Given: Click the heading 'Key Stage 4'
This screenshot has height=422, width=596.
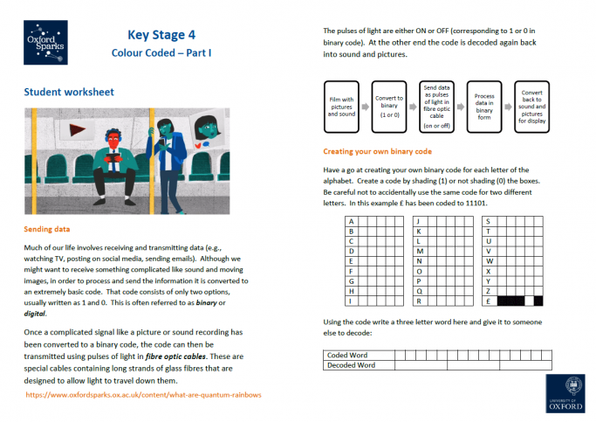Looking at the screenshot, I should click(x=161, y=35).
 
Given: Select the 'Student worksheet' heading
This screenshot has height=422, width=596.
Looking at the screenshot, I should click(x=69, y=92).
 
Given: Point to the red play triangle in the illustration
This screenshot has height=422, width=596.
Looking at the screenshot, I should click(x=79, y=129).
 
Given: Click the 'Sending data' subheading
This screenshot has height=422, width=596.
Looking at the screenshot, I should click(x=53, y=231).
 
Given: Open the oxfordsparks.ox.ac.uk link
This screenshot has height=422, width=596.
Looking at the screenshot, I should click(x=144, y=394).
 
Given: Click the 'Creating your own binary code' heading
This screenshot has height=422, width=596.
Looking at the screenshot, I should click(x=379, y=150).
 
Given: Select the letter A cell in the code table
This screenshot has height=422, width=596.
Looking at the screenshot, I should click(x=351, y=221).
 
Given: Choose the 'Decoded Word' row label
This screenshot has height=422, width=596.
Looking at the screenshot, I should click(x=351, y=365).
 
